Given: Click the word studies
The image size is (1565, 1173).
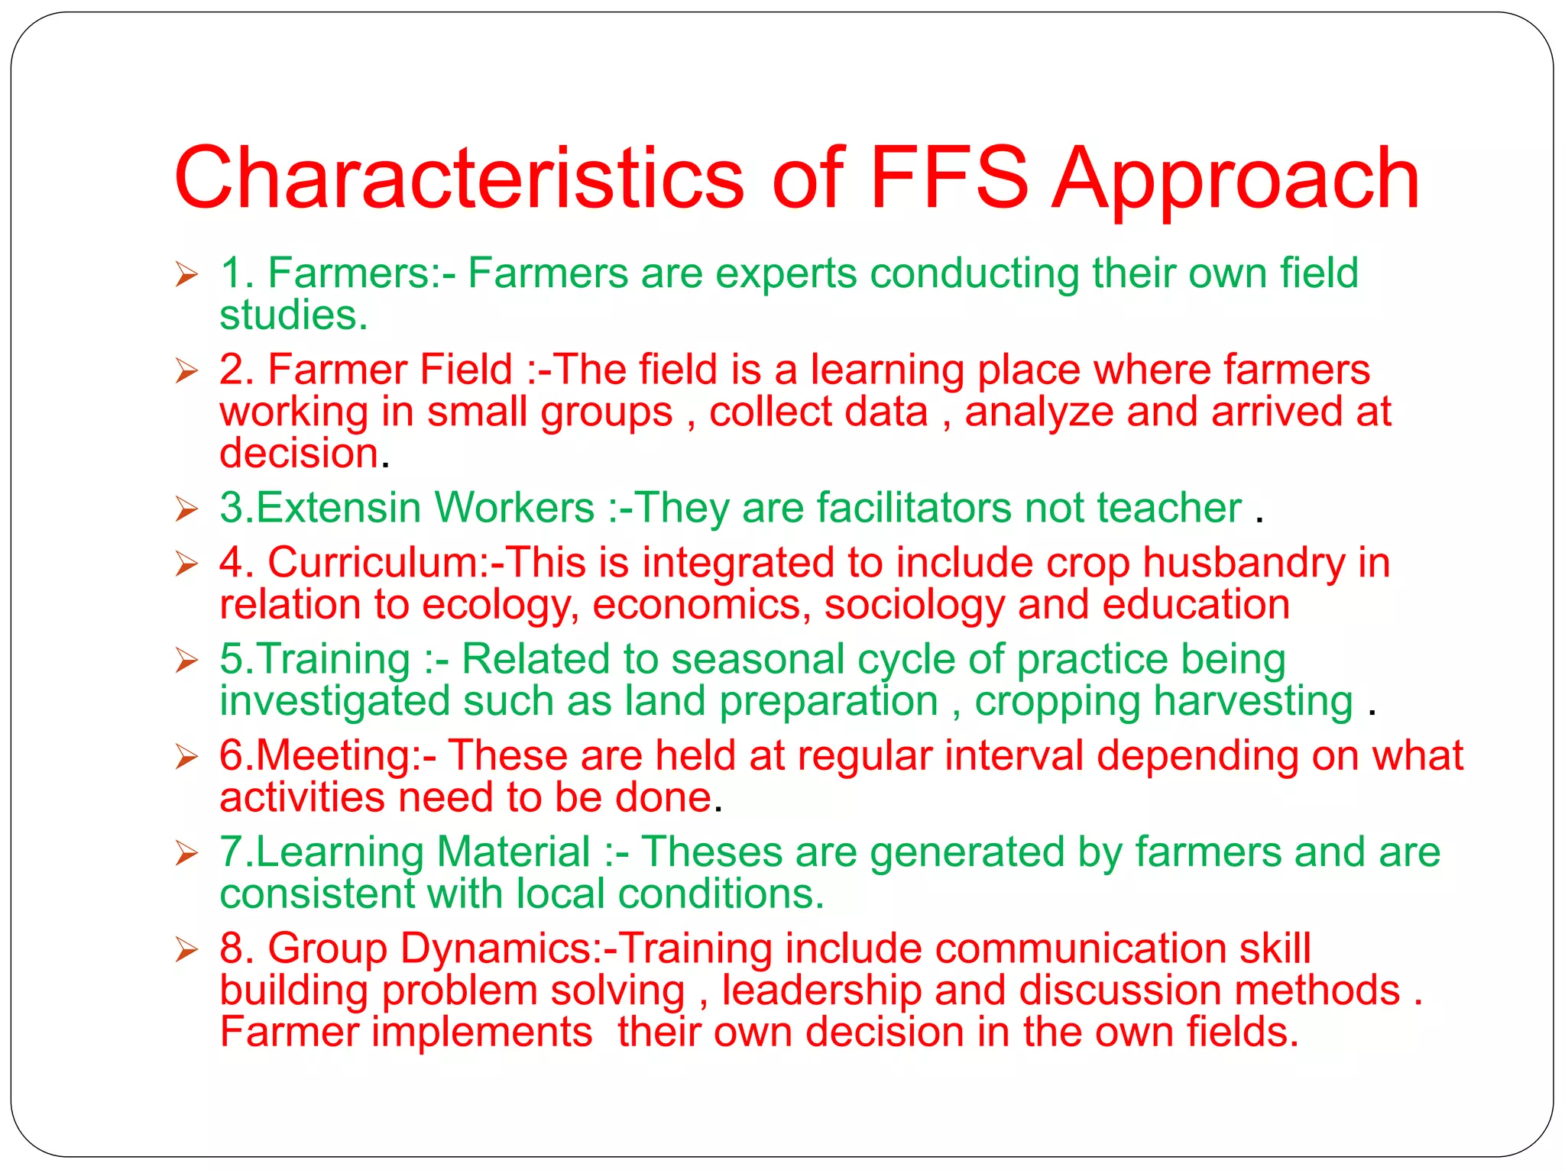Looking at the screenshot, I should coord(293,315).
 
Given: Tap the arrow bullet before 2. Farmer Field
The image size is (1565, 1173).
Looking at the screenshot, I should coord(186,370).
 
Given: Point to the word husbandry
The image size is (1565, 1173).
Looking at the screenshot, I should coord(1244,564).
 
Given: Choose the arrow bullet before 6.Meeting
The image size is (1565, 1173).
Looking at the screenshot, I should coord(186,756).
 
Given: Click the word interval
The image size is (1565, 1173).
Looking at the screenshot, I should coord(1014,756).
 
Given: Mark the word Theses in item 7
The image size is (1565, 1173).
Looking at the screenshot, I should coord(711,852).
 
